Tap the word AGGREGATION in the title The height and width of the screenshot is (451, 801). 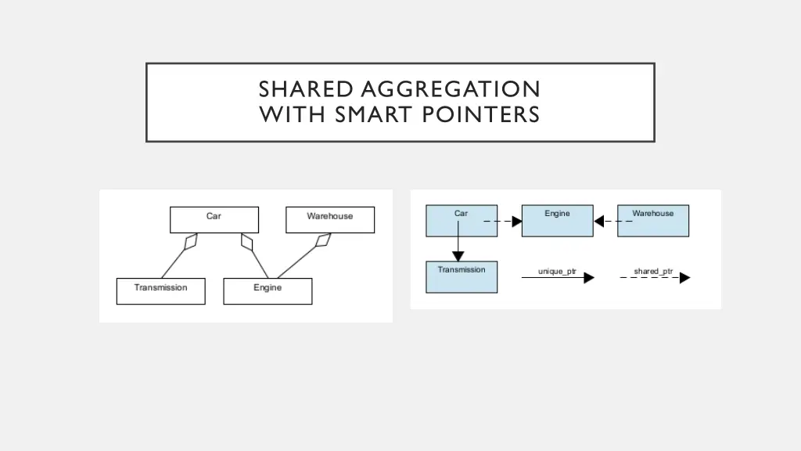pos(451,89)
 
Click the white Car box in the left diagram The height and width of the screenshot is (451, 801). pos(214,219)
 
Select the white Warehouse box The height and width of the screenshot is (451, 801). pos(330,219)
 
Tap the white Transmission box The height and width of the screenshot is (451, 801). pos(160,290)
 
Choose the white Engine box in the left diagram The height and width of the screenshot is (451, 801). pos(268,290)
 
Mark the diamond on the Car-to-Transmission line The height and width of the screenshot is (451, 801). pos(190,241)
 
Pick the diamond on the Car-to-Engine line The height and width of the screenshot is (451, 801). pos(248,241)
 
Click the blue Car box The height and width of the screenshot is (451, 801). pos(462,220)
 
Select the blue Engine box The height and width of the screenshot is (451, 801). pos(557,220)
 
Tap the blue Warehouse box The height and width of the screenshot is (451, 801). pos(653,220)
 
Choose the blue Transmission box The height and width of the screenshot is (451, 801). pos(462,277)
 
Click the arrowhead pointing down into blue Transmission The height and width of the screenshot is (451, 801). pos(458,256)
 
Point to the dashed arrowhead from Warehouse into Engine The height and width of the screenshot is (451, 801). pos(599,222)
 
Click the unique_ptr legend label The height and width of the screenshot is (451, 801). pos(557,272)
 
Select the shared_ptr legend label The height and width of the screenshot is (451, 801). pos(653,272)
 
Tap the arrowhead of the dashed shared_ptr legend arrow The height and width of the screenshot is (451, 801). pos(684,278)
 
